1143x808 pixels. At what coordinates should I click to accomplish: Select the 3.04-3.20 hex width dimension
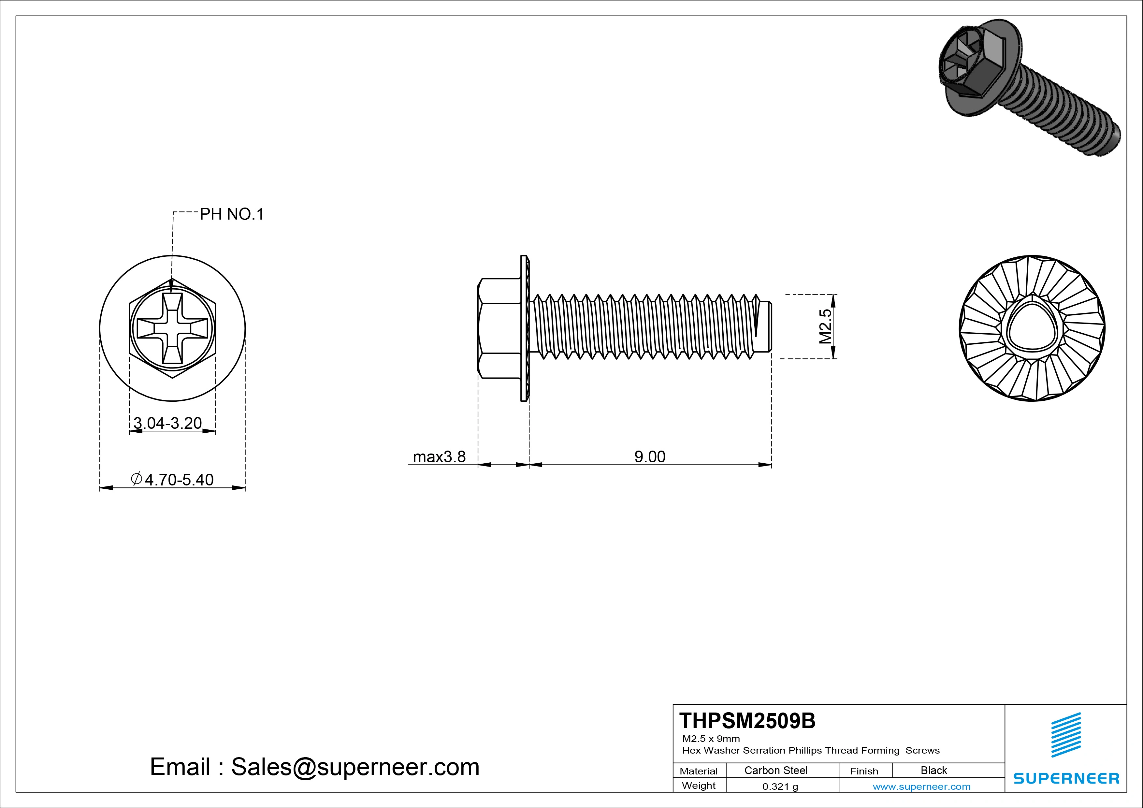pyautogui.click(x=168, y=423)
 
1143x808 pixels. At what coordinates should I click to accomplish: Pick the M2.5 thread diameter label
pyautogui.click(x=825, y=326)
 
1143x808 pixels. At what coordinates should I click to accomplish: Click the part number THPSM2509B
pyautogui.click(x=747, y=721)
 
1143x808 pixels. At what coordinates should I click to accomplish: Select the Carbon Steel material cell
pyautogui.click(x=775, y=770)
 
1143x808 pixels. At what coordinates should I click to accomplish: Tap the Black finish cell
pyautogui.click(x=933, y=770)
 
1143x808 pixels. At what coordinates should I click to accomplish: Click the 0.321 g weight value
pyautogui.click(x=780, y=786)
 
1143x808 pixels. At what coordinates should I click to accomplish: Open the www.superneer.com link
pyautogui.click(x=921, y=786)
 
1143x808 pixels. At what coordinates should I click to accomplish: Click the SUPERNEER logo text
pyautogui.click(x=1066, y=778)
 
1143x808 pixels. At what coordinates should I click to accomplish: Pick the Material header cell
pyautogui.click(x=699, y=771)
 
